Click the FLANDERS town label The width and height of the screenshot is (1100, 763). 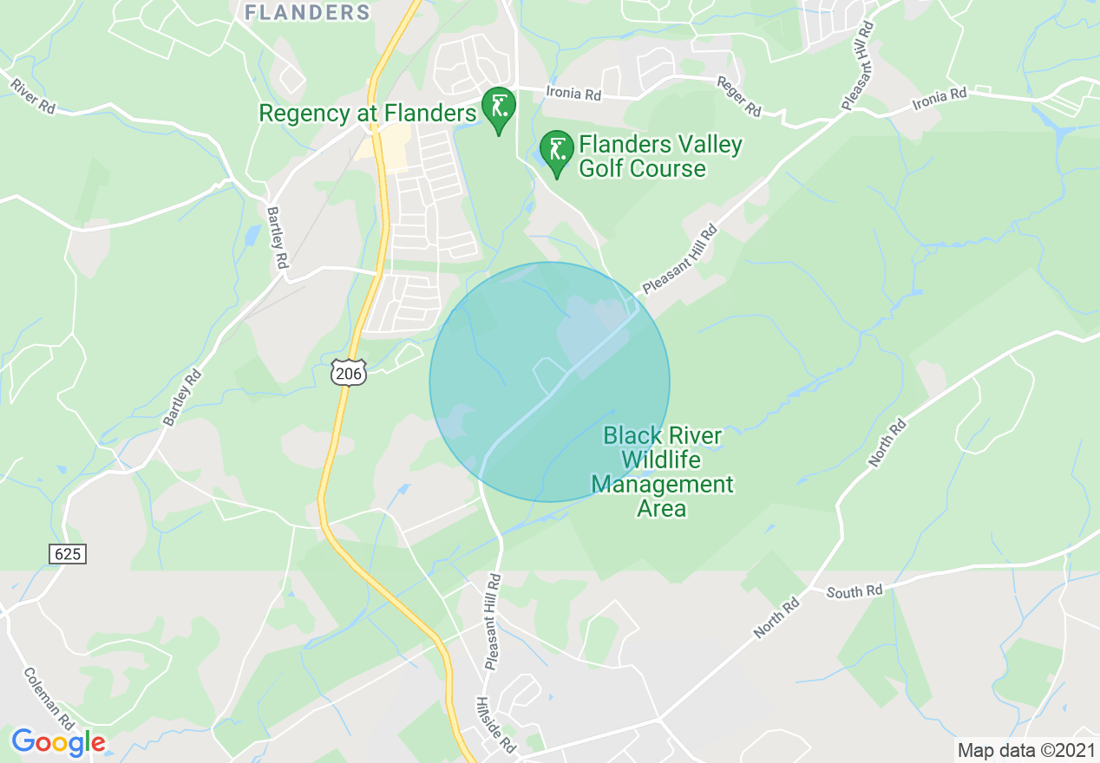[x=307, y=12]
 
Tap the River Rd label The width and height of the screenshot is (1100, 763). [x=34, y=96]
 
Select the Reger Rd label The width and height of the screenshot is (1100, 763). [x=738, y=96]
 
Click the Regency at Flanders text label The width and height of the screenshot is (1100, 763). [x=368, y=113]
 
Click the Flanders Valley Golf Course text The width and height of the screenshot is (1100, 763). [x=660, y=156]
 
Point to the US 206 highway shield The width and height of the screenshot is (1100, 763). [x=349, y=371]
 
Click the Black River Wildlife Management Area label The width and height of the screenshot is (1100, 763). [x=663, y=472]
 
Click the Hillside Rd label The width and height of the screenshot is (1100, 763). [x=495, y=725]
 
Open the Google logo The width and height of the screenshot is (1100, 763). [x=58, y=742]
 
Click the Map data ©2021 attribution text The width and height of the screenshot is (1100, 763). [x=1025, y=750]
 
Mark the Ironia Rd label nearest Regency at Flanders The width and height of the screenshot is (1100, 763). [x=573, y=93]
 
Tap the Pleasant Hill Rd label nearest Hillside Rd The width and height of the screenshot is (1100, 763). [x=493, y=621]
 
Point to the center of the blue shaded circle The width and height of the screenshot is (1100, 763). [x=550, y=381]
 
